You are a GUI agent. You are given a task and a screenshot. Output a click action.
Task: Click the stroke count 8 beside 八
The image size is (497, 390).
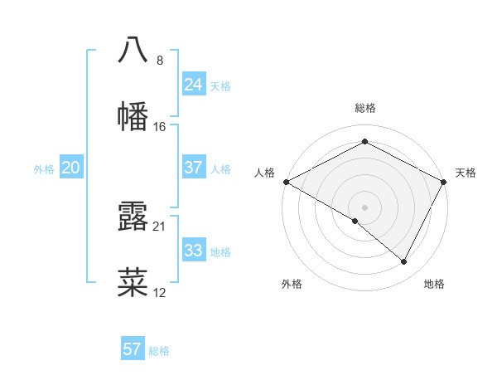(160, 61)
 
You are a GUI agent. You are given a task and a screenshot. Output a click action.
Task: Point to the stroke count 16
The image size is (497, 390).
(160, 127)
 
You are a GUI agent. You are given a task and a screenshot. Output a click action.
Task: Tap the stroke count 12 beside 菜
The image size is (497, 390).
(160, 293)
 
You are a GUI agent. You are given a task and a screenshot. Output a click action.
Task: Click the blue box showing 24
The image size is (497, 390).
(193, 85)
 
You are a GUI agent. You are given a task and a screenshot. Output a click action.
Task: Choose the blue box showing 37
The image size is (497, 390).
(193, 168)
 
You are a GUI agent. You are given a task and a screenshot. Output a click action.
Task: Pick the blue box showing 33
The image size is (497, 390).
(193, 251)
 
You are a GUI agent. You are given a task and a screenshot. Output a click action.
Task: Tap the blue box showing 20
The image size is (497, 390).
(70, 168)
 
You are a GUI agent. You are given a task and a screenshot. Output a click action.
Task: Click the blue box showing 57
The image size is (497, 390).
(132, 349)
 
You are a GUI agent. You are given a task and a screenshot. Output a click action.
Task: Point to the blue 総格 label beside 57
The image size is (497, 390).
(159, 351)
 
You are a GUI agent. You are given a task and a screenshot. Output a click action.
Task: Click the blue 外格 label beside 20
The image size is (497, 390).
(44, 169)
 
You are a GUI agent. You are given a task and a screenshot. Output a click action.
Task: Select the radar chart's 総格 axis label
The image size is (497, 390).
(364, 108)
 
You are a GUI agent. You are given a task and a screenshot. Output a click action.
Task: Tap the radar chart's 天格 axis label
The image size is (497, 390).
(466, 173)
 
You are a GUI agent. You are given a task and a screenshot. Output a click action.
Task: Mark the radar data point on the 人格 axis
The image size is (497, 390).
(286, 182)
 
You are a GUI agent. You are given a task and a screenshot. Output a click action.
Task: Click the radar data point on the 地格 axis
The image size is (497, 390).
(404, 262)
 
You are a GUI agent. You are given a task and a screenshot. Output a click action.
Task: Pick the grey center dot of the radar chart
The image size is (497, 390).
(364, 207)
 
